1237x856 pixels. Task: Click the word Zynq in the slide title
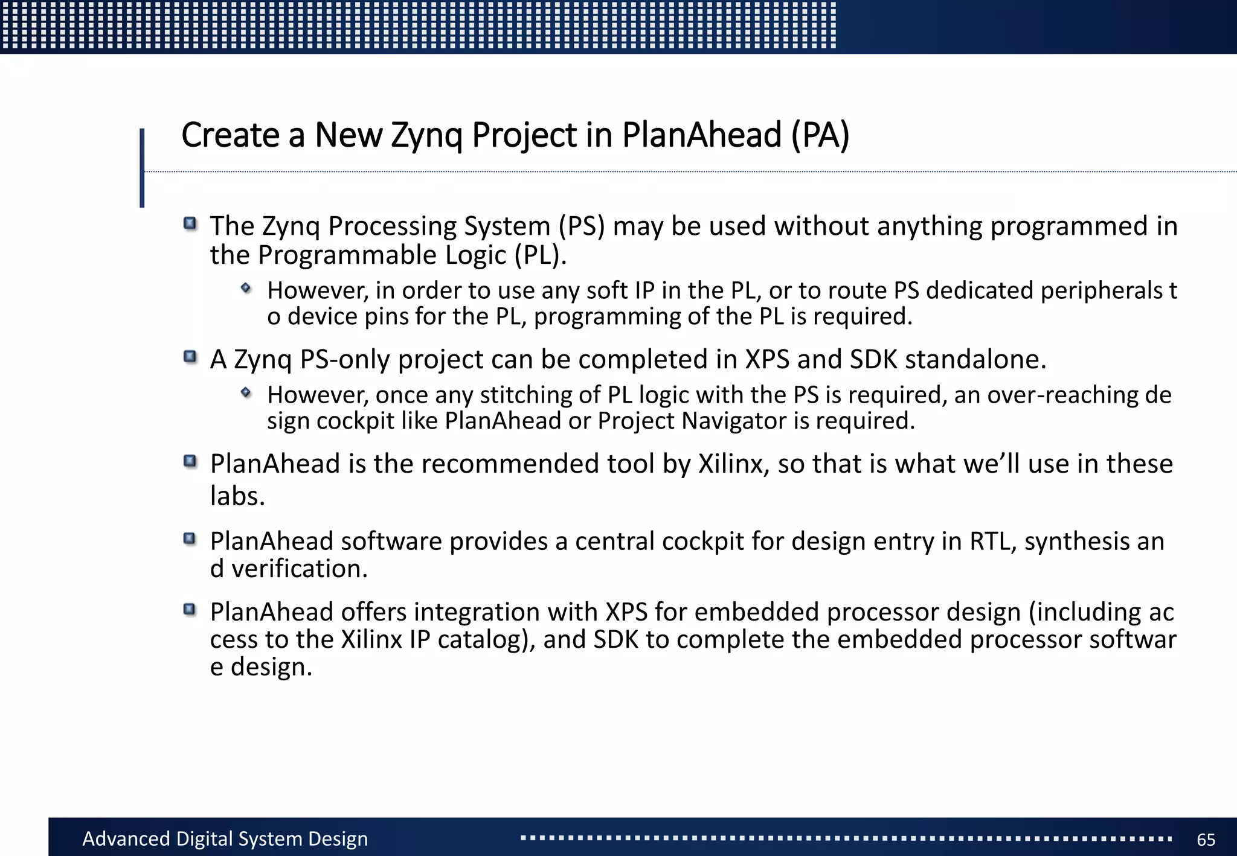[427, 135]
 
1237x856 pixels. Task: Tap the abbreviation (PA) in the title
[820, 135]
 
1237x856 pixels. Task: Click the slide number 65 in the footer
[1206, 840]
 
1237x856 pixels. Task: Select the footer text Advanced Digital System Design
[225, 839]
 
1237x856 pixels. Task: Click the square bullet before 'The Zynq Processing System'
[190, 224]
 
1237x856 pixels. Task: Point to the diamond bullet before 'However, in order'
[246, 288]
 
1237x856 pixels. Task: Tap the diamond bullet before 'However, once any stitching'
[246, 392]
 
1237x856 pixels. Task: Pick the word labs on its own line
[237, 497]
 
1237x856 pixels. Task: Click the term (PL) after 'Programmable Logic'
[541, 255]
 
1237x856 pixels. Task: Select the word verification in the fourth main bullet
[300, 569]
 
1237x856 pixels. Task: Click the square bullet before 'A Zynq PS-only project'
[190, 357]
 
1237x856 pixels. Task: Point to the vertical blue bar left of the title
[142, 168]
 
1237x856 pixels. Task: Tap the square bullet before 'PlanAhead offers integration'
[190, 610]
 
